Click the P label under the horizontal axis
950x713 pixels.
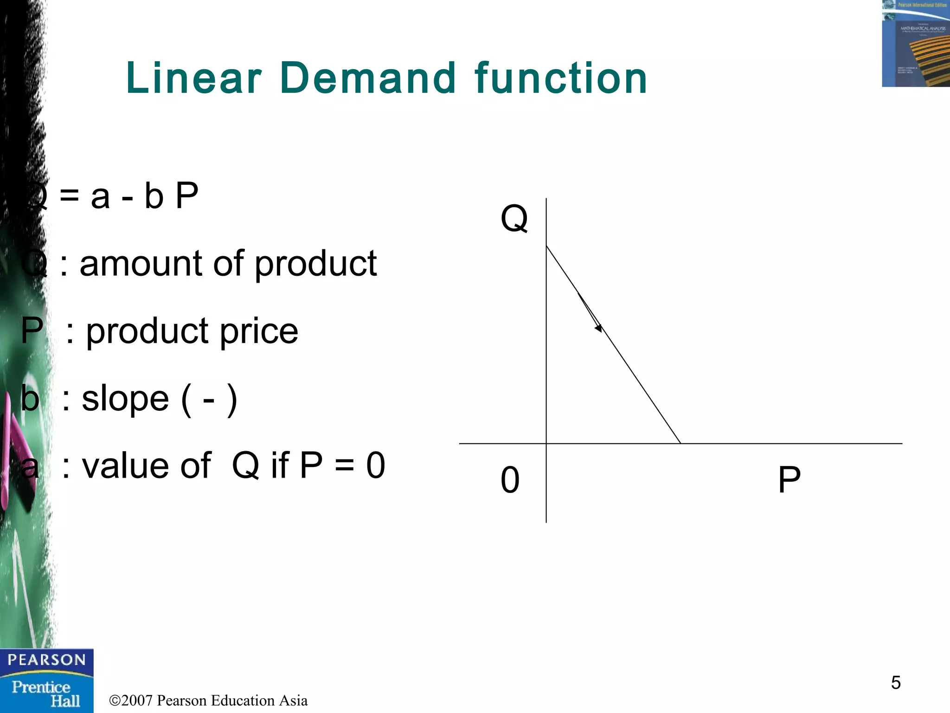click(789, 480)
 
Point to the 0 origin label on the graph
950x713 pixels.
click(510, 480)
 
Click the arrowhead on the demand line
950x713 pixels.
click(599, 328)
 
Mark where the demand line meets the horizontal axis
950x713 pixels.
click(680, 443)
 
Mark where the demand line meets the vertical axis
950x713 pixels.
click(546, 246)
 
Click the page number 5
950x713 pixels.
click(896, 683)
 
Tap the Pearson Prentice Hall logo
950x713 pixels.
click(46, 681)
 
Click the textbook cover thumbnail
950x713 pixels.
click(916, 44)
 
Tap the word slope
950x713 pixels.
click(125, 399)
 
